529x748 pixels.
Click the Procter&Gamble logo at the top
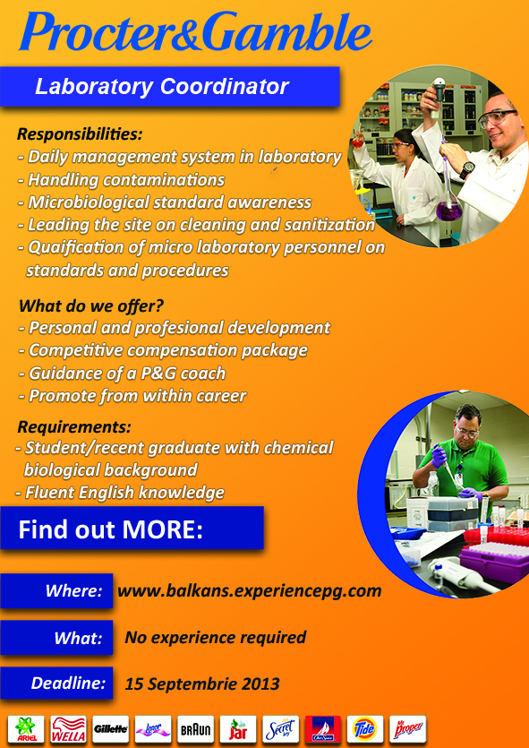(195, 31)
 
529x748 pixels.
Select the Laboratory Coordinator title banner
(170, 86)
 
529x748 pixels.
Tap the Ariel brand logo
(26, 729)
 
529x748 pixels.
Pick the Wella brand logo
(68, 729)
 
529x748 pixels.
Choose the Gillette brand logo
(111, 729)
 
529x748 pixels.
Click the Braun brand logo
(195, 729)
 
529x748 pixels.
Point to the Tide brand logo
(365, 729)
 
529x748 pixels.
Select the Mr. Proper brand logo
(407, 729)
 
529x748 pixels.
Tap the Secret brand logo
(280, 729)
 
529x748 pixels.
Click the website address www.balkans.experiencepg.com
(249, 590)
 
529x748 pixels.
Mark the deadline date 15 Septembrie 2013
(202, 684)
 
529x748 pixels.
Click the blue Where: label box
(56, 590)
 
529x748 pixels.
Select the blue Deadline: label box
(56, 684)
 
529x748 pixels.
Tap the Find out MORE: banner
(132, 528)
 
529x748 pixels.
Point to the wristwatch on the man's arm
(467, 170)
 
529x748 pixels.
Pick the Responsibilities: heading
(80, 134)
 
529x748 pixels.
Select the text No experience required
(216, 637)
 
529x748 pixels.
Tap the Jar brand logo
(238, 729)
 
